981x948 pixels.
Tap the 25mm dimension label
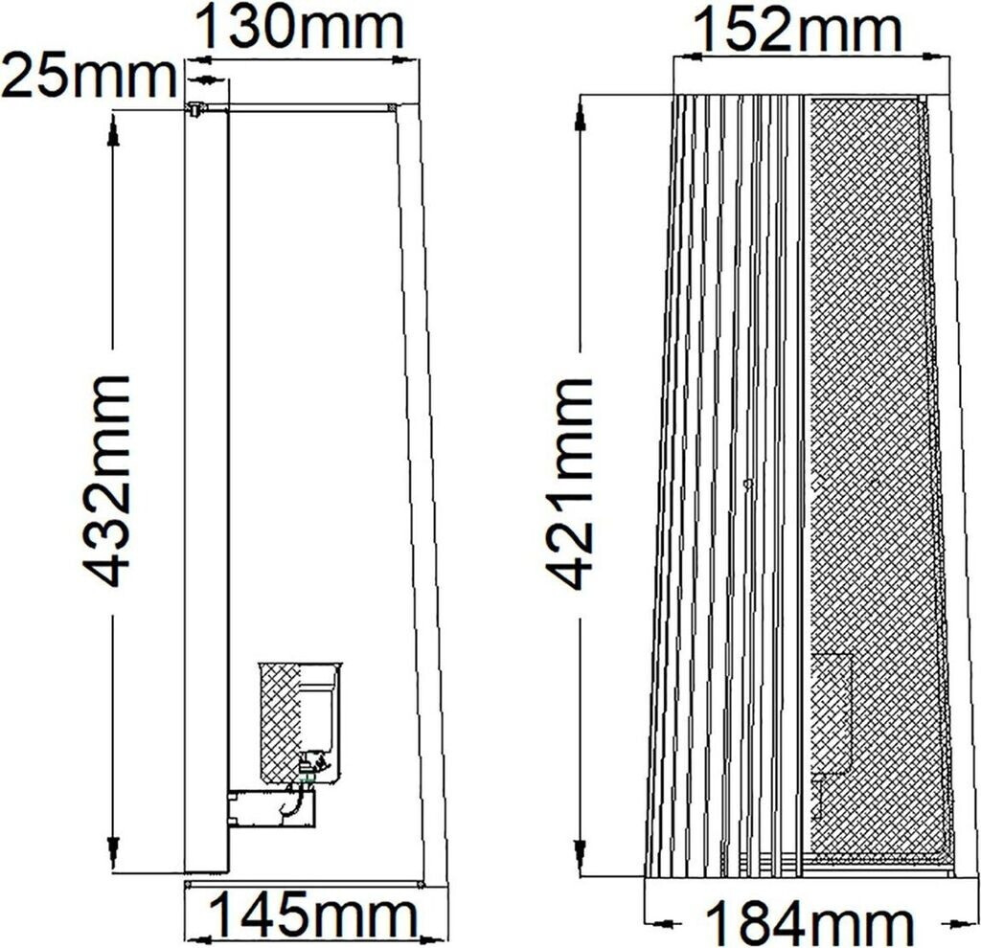click(x=89, y=77)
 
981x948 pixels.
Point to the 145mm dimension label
click(x=314, y=915)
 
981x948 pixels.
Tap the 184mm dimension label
click(x=809, y=922)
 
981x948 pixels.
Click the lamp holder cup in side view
click(x=301, y=721)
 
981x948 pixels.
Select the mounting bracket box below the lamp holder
click(x=271, y=808)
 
